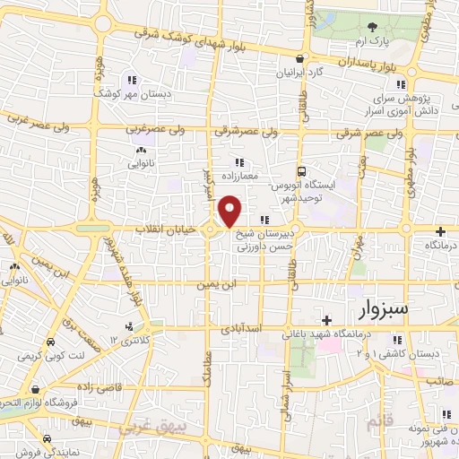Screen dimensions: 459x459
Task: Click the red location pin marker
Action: click(229, 212)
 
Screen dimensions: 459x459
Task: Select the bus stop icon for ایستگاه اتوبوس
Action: click(302, 170)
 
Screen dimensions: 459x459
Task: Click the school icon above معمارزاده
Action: click(239, 162)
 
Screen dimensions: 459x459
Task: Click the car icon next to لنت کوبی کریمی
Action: click(50, 343)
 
